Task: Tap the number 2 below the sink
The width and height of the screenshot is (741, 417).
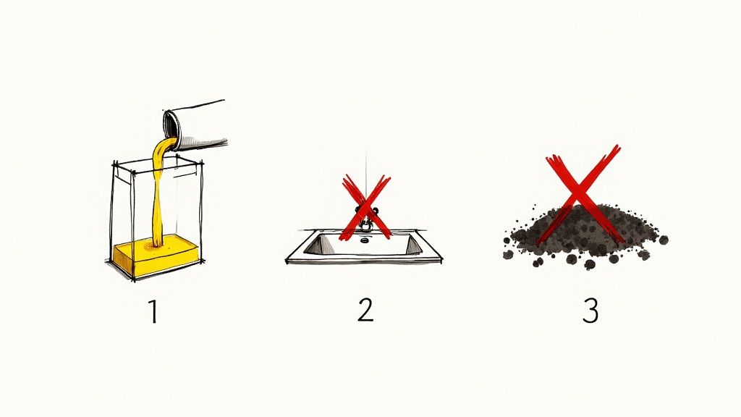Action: [x=365, y=311]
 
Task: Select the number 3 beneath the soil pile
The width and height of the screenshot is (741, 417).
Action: [x=590, y=311]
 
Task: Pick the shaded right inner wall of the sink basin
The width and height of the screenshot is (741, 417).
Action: [x=415, y=245]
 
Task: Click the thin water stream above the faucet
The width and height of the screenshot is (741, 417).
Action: [x=366, y=170]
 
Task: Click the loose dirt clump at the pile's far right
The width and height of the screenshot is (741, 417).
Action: [x=662, y=238]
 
